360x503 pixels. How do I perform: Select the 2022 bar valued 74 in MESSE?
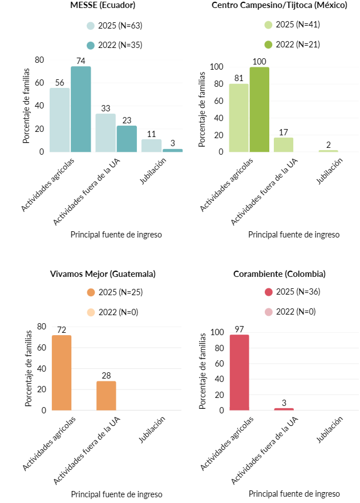81,108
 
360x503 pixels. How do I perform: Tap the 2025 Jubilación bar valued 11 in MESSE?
151,145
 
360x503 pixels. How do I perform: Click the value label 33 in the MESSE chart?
106,108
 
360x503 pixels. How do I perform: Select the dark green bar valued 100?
259,109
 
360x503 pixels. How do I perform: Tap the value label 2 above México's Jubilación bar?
328,144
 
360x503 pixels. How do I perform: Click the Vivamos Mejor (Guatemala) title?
103,274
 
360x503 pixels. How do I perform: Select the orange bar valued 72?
62,372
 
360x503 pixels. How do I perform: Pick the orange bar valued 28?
106,395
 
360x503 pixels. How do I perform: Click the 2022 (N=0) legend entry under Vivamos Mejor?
114,312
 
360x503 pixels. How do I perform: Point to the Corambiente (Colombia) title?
280,274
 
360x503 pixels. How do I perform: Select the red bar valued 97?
239,372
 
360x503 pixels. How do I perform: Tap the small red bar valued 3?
284,409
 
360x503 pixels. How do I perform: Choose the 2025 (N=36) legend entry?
292,292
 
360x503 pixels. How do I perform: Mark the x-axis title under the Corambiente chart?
294,494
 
